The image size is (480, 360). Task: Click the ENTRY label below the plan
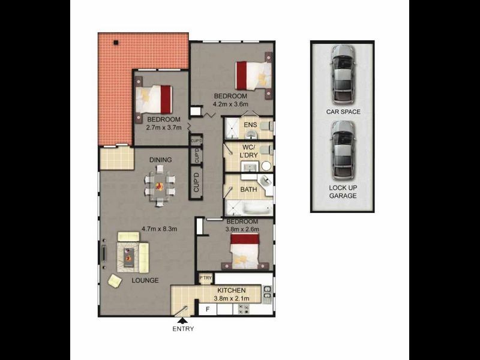click(183, 329)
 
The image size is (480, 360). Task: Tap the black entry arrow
click(182, 320)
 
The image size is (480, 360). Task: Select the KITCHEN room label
click(231, 290)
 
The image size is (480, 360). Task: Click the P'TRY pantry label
click(205, 278)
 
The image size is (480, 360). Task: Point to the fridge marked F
click(208, 309)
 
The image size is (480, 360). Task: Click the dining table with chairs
click(159, 185)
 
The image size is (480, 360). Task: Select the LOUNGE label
click(145, 280)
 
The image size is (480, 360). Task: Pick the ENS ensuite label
click(250, 125)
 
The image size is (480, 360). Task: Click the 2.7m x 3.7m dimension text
click(164, 127)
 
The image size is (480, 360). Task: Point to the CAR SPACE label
click(343, 112)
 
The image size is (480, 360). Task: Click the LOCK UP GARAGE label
click(343, 192)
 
